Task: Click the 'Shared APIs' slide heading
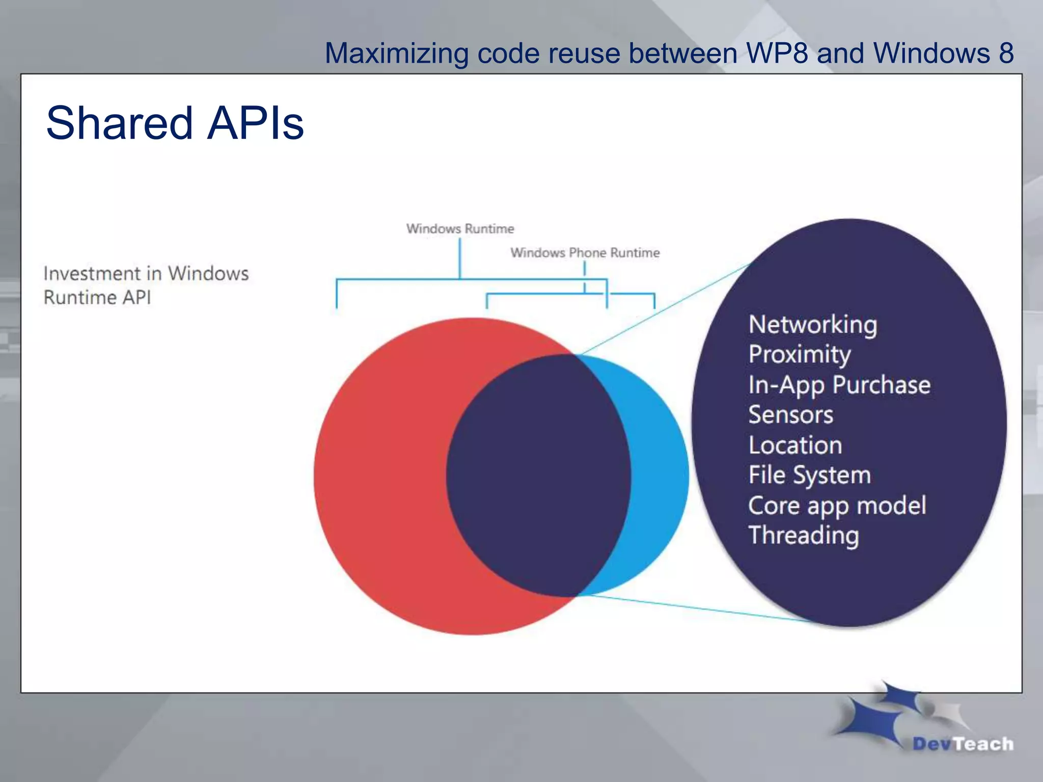[x=175, y=123]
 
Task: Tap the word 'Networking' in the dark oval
[x=813, y=325]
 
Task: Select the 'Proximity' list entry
[x=800, y=354]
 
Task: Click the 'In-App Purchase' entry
[x=839, y=385]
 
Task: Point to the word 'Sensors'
[x=790, y=414]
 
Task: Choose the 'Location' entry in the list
[x=795, y=445]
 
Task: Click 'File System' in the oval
[x=809, y=475]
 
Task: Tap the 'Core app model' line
[x=837, y=506]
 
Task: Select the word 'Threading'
[x=804, y=536]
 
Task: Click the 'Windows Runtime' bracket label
[x=460, y=229]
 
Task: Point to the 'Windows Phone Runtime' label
[x=585, y=253]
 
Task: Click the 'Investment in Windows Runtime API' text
[x=146, y=285]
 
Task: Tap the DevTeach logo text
[x=963, y=744]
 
